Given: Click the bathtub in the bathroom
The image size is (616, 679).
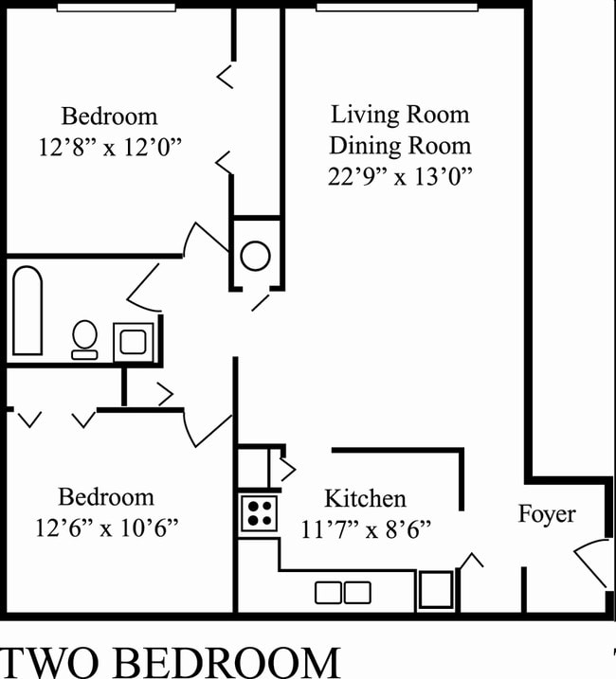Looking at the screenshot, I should click(x=27, y=311).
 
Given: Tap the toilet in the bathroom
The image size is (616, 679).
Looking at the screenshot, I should click(x=84, y=340).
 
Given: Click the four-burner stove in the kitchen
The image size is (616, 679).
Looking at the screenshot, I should click(x=258, y=513).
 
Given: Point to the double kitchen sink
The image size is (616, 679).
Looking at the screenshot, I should click(x=343, y=593).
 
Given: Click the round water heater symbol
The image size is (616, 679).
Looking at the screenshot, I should click(x=255, y=256).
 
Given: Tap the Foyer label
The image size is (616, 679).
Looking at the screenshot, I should click(x=547, y=514).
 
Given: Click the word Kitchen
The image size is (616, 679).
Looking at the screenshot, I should click(x=365, y=498).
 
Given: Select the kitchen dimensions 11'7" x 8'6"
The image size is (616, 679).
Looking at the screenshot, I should click(x=365, y=527).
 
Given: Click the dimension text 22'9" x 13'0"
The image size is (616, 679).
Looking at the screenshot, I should click(x=399, y=175).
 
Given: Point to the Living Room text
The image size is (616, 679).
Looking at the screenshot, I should click(x=399, y=116).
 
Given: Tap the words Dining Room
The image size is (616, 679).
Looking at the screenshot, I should click(x=399, y=146).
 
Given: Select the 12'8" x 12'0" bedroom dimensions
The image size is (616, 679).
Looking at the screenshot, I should click(x=109, y=147).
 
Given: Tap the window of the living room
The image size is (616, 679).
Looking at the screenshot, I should click(x=397, y=7).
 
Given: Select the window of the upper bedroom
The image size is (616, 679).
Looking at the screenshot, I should click(x=117, y=7).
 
